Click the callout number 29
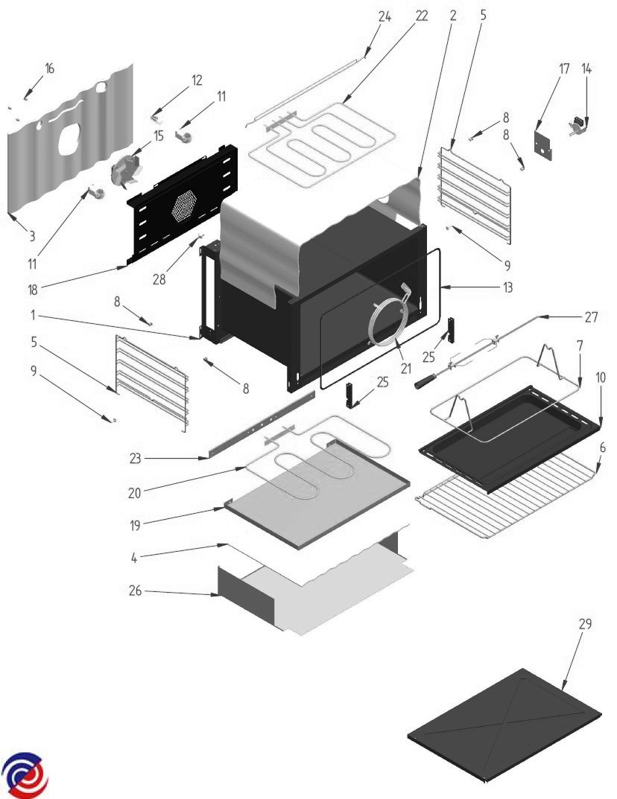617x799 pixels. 585,624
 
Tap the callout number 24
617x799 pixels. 385,16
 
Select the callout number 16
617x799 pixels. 49,69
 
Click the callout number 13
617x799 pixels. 509,287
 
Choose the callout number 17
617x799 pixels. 564,69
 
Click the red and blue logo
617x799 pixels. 25,774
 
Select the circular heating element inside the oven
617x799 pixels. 387,322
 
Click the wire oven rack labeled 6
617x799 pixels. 507,495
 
